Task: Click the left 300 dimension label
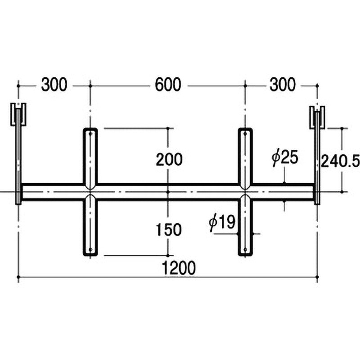54,85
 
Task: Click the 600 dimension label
168,85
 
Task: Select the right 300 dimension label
283,85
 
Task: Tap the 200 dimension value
169,159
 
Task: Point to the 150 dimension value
169,229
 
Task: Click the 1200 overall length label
179,268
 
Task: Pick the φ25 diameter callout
285,157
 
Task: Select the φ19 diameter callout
222,222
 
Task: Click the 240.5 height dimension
340,161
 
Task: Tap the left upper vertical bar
90,158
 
